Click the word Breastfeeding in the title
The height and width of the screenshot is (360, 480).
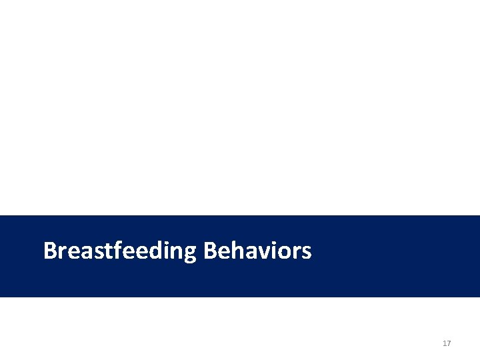pos(120,251)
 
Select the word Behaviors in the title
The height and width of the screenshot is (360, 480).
pos(257,251)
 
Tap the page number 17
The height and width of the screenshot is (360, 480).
pos(447,343)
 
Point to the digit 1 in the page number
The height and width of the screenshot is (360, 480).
pos(445,343)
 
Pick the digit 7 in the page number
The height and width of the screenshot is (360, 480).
pos(449,343)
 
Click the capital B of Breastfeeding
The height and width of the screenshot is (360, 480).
pos(50,251)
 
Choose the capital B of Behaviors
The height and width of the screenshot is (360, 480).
pos(210,251)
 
